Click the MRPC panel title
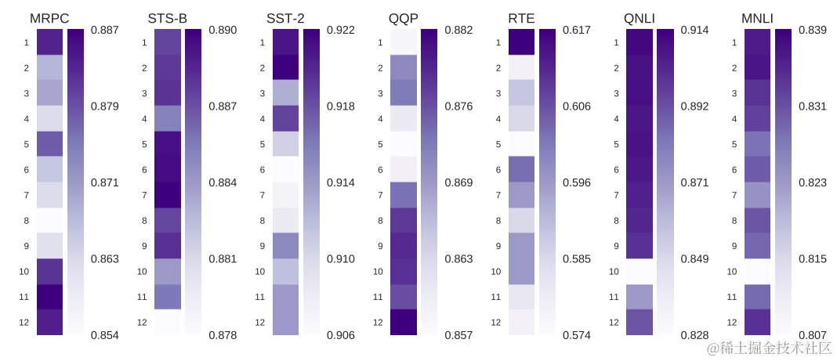pos(49,18)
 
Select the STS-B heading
pos(167,18)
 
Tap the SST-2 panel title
pos(285,18)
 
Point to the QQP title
pos(403,18)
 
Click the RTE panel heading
pos(521,18)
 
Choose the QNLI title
pos(640,18)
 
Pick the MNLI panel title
pos(758,18)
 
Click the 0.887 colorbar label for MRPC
pos(104,30)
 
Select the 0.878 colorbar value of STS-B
pos(223,335)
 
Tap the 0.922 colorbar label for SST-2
pos(341,30)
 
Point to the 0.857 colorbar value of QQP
pos(458,335)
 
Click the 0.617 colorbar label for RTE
pos(577,30)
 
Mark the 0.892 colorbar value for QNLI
pos(695,106)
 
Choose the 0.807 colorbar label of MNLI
pos(813,335)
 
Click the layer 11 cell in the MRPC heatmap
pos(49,297)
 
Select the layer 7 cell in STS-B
pos(167,195)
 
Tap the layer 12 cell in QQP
pos(403,322)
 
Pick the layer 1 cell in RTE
pos(521,42)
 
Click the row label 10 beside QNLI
pos(614,272)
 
